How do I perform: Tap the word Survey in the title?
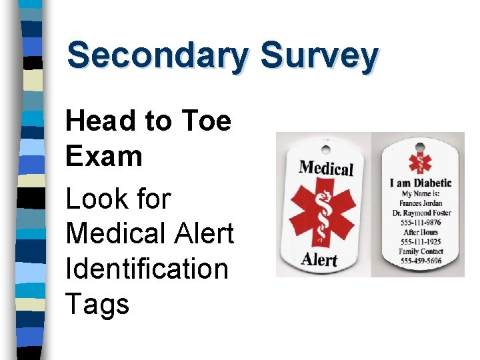pos(319,56)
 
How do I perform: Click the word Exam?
pos(104,157)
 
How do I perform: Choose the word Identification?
pos(147,269)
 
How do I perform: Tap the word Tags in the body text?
pos(97,304)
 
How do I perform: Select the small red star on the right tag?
pos(421,161)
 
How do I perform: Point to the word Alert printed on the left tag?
pos(319,259)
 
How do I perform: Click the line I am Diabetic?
pos(421,183)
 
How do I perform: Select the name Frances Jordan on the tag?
pos(421,203)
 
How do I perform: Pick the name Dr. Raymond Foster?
pos(421,213)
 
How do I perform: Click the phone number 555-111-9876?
pos(421,223)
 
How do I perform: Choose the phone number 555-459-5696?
pos(421,261)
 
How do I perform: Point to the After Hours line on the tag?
pos(421,233)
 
